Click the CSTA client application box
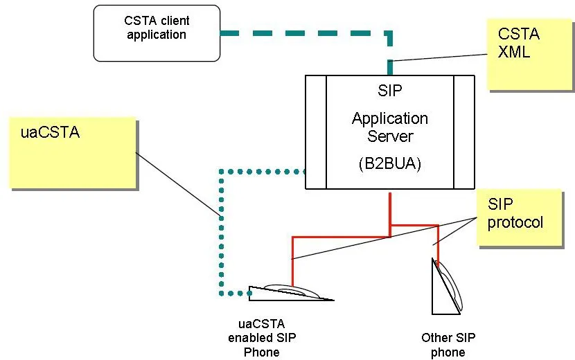[x=157, y=33]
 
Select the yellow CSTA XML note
[x=529, y=55]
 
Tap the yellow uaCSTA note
[x=72, y=152]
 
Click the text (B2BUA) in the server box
[x=390, y=165]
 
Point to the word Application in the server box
[x=390, y=118]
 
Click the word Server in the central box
[x=390, y=136]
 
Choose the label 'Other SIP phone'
[x=448, y=345]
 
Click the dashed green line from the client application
[x=305, y=33]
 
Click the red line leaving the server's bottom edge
[x=390, y=208]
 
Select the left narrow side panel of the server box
[x=316, y=132]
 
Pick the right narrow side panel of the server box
[x=463, y=132]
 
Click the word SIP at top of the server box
[x=390, y=91]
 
